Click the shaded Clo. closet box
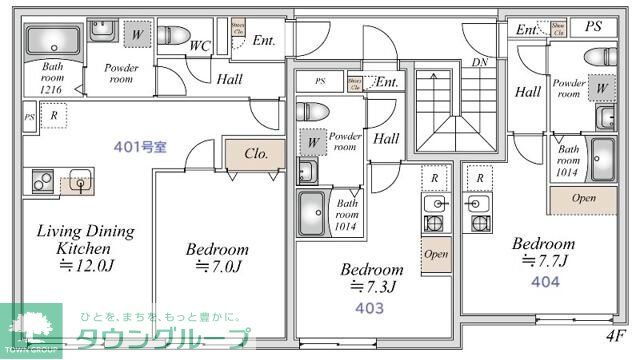[254, 155]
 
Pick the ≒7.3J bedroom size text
[372, 288]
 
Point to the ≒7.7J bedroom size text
[543, 262]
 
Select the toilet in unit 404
[602, 55]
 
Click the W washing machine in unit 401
[135, 33]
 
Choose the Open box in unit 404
[584, 198]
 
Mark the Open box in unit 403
[435, 254]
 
